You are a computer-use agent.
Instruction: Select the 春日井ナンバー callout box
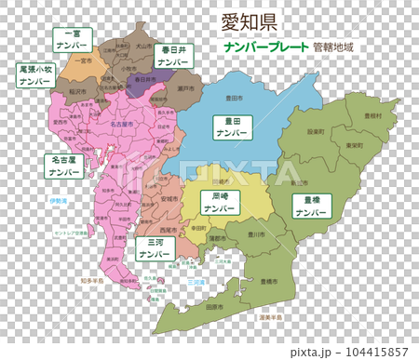pos(173,54)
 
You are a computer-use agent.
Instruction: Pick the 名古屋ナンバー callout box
pos(64,166)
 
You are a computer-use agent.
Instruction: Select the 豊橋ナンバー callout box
pos(309,205)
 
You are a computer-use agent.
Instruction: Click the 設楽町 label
pos(316,132)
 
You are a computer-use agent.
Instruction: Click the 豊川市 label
pos(257,234)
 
